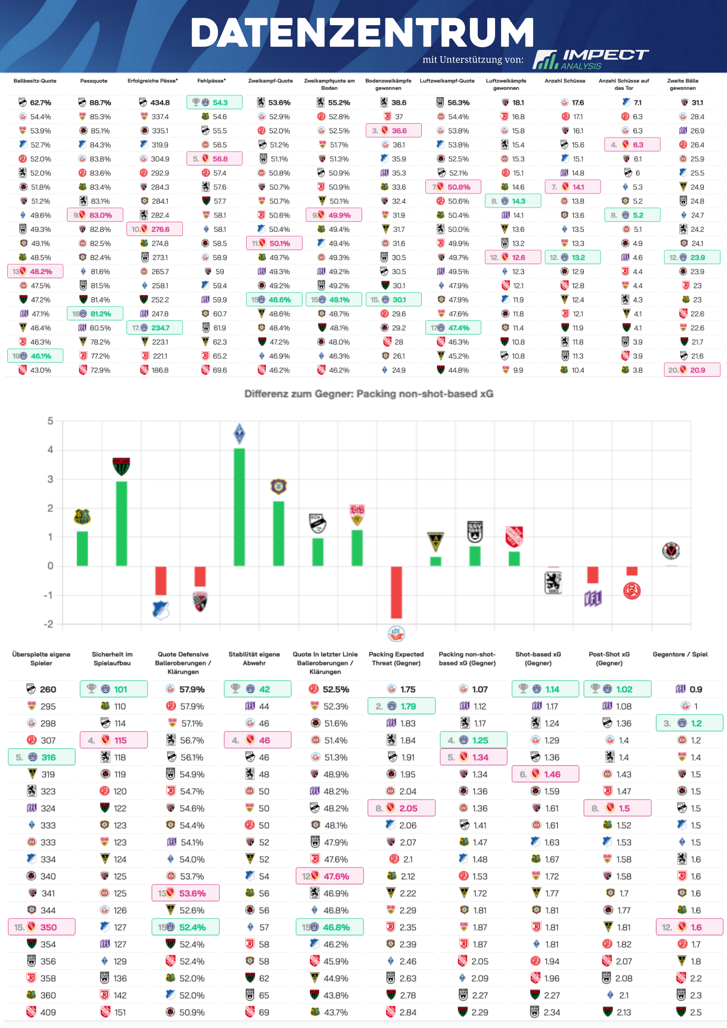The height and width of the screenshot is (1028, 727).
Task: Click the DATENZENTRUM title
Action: [x=362, y=33]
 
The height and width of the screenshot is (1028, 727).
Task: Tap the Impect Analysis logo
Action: [x=590, y=59]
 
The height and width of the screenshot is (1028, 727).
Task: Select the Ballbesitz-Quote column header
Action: [x=35, y=81]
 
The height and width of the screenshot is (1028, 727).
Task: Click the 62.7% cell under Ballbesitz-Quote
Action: [x=35, y=103]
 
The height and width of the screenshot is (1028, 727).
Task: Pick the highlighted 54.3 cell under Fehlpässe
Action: [x=215, y=102]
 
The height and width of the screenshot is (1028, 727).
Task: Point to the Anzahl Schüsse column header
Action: [x=565, y=81]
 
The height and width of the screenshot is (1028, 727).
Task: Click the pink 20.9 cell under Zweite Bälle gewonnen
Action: [x=692, y=370]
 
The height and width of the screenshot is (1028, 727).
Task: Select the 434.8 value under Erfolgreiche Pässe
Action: [x=155, y=103]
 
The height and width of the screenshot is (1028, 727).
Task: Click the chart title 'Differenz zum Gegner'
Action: [x=369, y=394]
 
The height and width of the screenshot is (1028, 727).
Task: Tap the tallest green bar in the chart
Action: [x=239, y=506]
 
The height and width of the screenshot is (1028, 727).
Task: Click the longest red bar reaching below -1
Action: [x=396, y=592]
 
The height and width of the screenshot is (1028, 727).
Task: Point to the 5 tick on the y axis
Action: [x=50, y=421]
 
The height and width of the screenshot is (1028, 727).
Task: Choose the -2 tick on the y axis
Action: [x=49, y=624]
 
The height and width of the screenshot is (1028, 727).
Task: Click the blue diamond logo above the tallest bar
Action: [x=239, y=434]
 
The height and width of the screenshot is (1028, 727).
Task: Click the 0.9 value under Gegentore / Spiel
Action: [x=689, y=689]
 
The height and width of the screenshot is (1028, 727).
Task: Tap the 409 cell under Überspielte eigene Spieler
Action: [x=42, y=1012]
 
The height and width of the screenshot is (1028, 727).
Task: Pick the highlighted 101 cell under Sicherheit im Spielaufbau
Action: [x=114, y=689]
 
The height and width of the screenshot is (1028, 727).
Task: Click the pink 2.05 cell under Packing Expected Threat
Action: [x=401, y=808]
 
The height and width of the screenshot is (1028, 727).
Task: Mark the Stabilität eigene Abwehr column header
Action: [x=254, y=659]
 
